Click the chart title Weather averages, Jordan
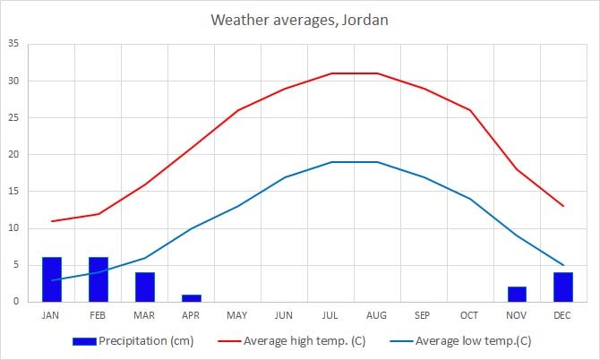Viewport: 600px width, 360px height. tap(299, 19)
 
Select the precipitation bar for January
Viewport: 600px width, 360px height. tap(52, 279)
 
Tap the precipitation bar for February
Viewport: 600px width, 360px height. tap(99, 279)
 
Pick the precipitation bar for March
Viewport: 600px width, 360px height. tap(145, 287)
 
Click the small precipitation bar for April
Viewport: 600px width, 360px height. tap(192, 297)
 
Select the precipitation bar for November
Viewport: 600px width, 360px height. tap(517, 294)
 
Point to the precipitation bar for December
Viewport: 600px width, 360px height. tap(563, 287)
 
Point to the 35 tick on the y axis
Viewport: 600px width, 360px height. tap(13, 44)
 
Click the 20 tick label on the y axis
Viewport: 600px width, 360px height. tap(13, 154)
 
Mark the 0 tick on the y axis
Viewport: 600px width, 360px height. tap(15, 302)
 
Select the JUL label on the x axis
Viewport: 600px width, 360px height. tap(330, 315)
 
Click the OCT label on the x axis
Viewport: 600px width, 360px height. tap(470, 315)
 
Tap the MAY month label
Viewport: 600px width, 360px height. tap(237, 315)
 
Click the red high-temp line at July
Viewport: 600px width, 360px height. tap(330, 73)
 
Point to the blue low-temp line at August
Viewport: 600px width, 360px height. tap(377, 162)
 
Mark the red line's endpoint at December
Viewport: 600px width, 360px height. tap(563, 206)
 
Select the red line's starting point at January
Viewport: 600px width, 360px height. tap(52, 221)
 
